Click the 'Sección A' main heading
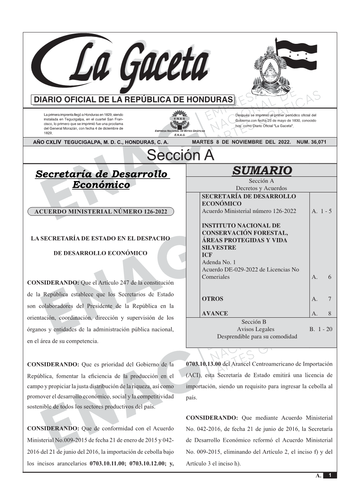click(x=180, y=155)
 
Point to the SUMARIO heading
click(x=262, y=171)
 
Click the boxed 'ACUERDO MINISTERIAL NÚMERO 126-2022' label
click(x=101, y=212)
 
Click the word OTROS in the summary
click(x=213, y=299)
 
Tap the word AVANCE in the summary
click(x=215, y=314)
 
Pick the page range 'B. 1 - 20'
click(x=321, y=329)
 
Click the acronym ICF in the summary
click(x=207, y=255)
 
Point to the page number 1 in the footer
click(x=330, y=475)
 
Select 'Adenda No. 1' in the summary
click(x=219, y=262)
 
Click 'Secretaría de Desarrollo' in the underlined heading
click(x=101, y=174)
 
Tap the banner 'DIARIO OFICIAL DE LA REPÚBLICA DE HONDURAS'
click(x=133, y=100)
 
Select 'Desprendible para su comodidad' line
click(x=257, y=336)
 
